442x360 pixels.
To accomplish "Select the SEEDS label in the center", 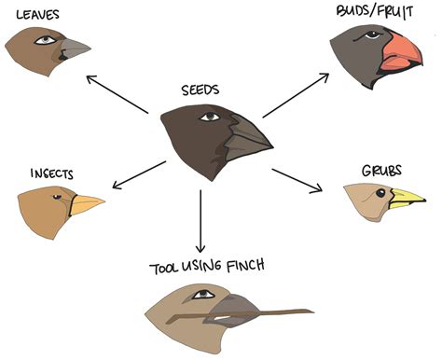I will tap(200, 91).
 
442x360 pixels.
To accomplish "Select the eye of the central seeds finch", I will tap(210, 118).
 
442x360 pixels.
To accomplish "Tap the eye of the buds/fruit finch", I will tap(372, 35).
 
